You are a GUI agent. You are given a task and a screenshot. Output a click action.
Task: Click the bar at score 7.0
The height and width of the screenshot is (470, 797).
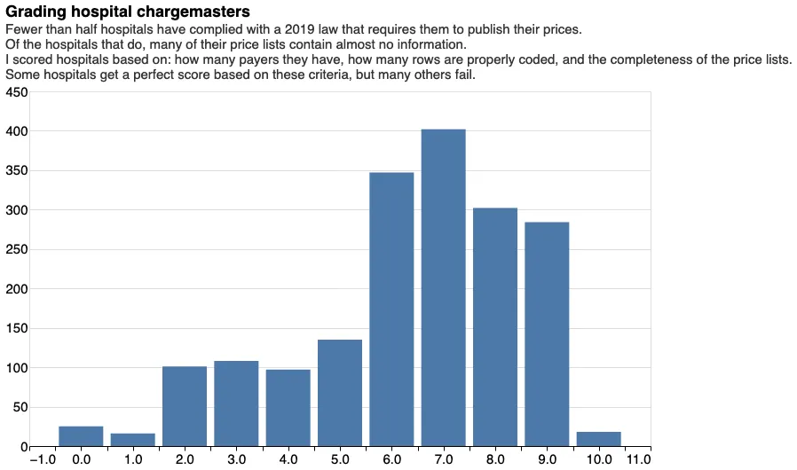tap(443, 288)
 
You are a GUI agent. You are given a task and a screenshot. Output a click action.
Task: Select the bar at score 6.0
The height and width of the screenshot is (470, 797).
tap(391, 309)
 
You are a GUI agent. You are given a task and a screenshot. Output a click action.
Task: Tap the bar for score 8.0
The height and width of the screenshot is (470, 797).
tap(495, 327)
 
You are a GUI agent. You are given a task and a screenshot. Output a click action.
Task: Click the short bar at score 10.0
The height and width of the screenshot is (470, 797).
tap(598, 439)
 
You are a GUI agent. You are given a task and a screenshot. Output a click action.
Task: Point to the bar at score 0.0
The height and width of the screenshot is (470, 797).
tap(81, 436)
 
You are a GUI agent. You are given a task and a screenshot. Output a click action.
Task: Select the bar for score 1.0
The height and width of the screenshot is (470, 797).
tap(133, 440)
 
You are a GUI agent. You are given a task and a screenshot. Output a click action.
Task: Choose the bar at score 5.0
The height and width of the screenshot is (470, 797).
tap(340, 393)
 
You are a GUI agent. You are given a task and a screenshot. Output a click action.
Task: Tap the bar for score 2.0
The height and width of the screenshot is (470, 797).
tap(185, 406)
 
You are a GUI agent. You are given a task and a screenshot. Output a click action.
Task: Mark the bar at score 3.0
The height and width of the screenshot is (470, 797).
tap(236, 403)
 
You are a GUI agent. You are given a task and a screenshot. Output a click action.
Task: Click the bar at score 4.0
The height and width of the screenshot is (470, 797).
tap(288, 408)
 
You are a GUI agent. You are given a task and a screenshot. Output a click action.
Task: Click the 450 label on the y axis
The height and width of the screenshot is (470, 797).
tap(17, 92)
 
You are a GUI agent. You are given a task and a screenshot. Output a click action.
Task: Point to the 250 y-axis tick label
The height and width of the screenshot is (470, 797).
tap(17, 250)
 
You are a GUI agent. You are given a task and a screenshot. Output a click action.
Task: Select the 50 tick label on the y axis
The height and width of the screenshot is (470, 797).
tap(20, 407)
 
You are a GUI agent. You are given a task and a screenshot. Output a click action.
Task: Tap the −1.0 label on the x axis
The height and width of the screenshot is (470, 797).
tap(43, 459)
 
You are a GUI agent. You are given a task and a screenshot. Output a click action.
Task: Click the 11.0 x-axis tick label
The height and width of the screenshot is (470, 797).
tap(638, 459)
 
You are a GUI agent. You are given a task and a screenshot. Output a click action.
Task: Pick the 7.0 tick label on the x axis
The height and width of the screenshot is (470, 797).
tap(444, 459)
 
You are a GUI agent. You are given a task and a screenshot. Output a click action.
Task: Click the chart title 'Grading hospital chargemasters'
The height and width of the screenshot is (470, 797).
tap(128, 12)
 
